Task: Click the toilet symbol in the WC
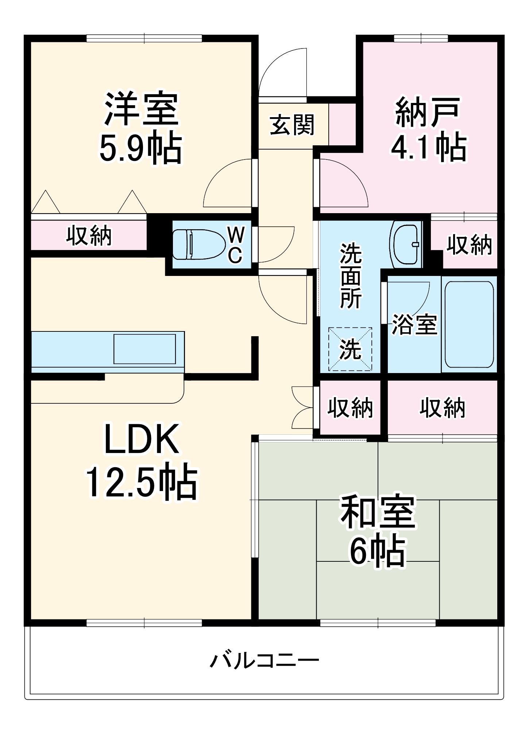(199, 244)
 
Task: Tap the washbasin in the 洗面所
(405, 244)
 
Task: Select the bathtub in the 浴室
(469, 324)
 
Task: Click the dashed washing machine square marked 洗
(350, 349)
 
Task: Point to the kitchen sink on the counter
(144, 349)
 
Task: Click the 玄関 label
(292, 125)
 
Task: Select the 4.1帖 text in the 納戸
(429, 147)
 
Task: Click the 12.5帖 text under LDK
(142, 481)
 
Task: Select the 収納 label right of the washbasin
(469, 245)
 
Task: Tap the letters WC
(236, 244)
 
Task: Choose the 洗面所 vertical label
(351, 276)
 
